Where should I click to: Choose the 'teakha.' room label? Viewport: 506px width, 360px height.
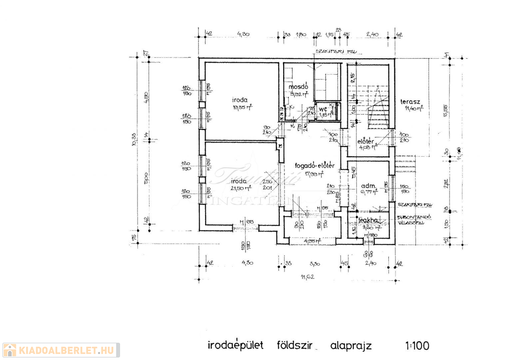[x=369, y=221]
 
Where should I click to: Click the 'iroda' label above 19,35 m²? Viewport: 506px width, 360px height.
[x=242, y=98]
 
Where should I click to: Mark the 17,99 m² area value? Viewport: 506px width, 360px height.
[x=314, y=174]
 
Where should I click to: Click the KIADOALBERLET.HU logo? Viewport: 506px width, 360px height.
[x=60, y=350]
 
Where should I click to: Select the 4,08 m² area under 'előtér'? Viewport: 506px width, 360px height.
[x=368, y=147]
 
